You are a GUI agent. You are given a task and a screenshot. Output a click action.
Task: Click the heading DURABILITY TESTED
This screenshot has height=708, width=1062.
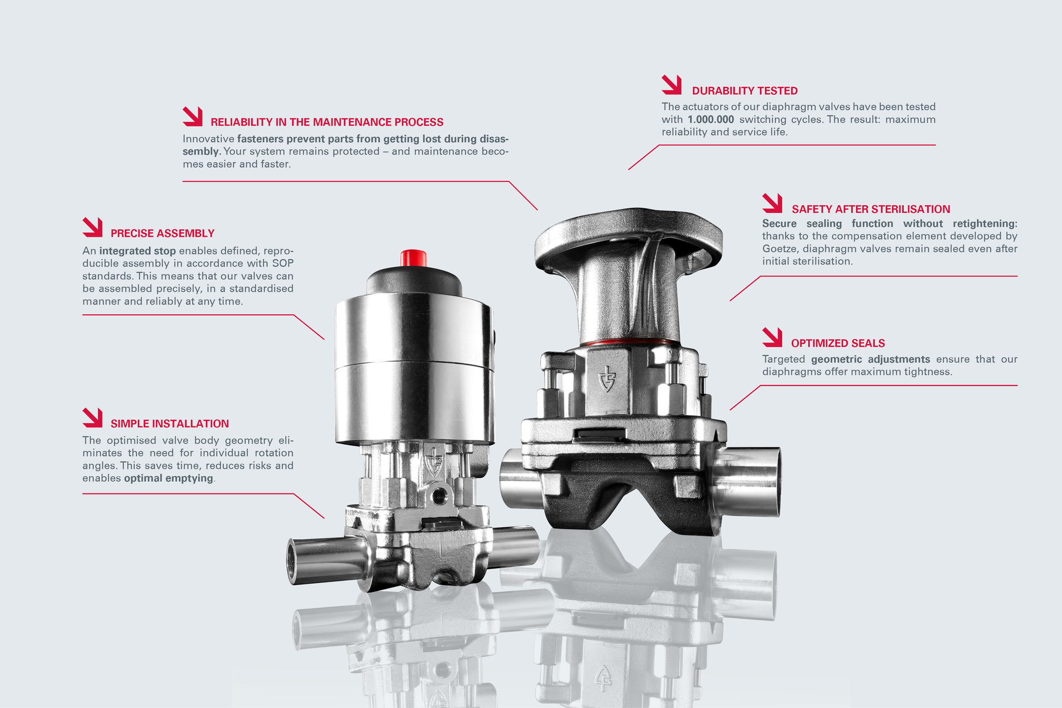pos(745,91)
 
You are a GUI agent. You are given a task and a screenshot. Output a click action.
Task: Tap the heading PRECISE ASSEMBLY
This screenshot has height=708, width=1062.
pos(162,233)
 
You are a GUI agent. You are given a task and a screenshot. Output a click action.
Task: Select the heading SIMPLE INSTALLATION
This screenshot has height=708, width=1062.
pos(169,424)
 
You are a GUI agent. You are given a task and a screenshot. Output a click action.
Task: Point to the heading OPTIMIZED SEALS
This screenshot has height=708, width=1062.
pos(837,343)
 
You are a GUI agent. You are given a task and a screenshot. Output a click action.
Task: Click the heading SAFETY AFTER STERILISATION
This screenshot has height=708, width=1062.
pos(871,209)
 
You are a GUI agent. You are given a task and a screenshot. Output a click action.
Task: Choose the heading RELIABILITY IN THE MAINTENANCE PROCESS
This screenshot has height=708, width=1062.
pos(327,122)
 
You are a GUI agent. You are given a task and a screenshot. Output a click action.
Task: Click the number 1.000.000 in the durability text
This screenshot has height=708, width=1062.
pos(711,119)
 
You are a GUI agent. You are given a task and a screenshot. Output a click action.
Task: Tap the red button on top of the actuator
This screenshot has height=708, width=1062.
pos(414,258)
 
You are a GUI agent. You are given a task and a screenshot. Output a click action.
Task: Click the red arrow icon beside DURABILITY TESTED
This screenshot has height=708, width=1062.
pos(671,85)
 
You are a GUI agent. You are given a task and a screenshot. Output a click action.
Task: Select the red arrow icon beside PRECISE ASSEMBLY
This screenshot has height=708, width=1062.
pos(92,227)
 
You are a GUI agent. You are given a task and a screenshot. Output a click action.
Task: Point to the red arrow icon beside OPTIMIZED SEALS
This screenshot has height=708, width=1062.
pos(772,337)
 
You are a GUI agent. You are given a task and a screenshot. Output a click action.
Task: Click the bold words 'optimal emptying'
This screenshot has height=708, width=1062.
pos(168,478)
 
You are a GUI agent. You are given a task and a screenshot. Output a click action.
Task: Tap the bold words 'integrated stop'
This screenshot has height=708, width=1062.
pos(137,251)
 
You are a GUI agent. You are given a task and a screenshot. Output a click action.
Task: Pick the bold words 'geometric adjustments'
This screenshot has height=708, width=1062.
pos(871,360)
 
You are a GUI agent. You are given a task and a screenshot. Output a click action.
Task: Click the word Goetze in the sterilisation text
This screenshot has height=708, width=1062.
pos(780,249)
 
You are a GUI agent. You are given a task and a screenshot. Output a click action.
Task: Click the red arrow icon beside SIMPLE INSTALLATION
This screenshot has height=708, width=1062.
pos(92,418)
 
